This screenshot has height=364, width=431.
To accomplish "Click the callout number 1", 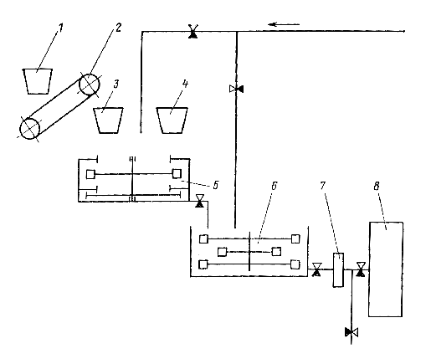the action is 61,28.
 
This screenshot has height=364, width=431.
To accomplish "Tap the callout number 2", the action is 118,28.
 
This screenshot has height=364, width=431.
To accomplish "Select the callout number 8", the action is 377,186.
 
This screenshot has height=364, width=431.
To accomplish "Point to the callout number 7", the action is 323,186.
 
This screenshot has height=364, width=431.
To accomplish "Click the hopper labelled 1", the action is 38,81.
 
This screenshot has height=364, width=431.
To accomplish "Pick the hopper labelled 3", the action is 108,120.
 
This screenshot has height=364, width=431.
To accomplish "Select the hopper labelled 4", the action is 172,120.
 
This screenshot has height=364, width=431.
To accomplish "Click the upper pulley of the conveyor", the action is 90,85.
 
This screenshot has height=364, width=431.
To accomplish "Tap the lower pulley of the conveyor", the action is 29,128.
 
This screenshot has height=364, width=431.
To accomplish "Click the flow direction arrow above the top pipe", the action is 284,24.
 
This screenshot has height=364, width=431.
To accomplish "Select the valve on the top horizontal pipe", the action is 192,31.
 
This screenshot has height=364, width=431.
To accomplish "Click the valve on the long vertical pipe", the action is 236,89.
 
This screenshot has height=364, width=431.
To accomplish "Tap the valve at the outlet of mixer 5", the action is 199,201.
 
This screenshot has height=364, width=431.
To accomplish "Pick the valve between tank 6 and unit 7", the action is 316,269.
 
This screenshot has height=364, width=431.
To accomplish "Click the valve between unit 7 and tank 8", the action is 361,269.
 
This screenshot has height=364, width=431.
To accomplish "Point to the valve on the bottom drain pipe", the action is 351,332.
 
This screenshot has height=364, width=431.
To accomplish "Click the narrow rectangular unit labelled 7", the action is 338,269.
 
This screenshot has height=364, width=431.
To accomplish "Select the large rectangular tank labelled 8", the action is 386,269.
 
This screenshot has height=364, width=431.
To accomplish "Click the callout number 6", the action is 274,186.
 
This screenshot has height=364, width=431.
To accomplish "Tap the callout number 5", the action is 215,185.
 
